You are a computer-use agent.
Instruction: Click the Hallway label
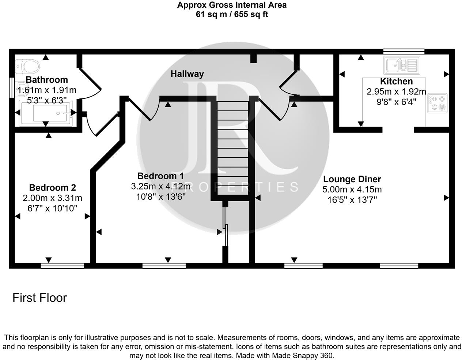(x=187, y=74)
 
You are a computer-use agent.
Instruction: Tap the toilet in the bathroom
(x=29, y=67)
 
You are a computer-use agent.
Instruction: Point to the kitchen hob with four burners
(x=438, y=103)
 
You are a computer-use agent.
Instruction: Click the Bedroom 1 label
(x=160, y=176)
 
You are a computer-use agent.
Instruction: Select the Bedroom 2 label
(x=52, y=188)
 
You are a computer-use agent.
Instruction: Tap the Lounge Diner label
(x=352, y=179)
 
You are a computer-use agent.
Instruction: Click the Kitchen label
(x=396, y=82)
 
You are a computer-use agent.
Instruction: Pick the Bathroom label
(x=47, y=80)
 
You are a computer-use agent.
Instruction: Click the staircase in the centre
(x=233, y=146)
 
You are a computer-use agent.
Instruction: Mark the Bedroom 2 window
(x=62, y=266)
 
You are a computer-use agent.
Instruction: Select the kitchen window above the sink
(x=404, y=51)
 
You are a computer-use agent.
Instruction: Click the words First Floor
(x=40, y=298)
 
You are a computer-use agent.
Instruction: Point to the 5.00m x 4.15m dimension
(x=352, y=190)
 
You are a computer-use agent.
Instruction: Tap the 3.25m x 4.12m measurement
(x=160, y=187)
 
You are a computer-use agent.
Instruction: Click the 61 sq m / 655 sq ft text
(x=232, y=15)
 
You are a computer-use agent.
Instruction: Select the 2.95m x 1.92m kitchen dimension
(x=396, y=91)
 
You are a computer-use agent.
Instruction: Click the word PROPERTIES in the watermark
(x=234, y=187)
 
